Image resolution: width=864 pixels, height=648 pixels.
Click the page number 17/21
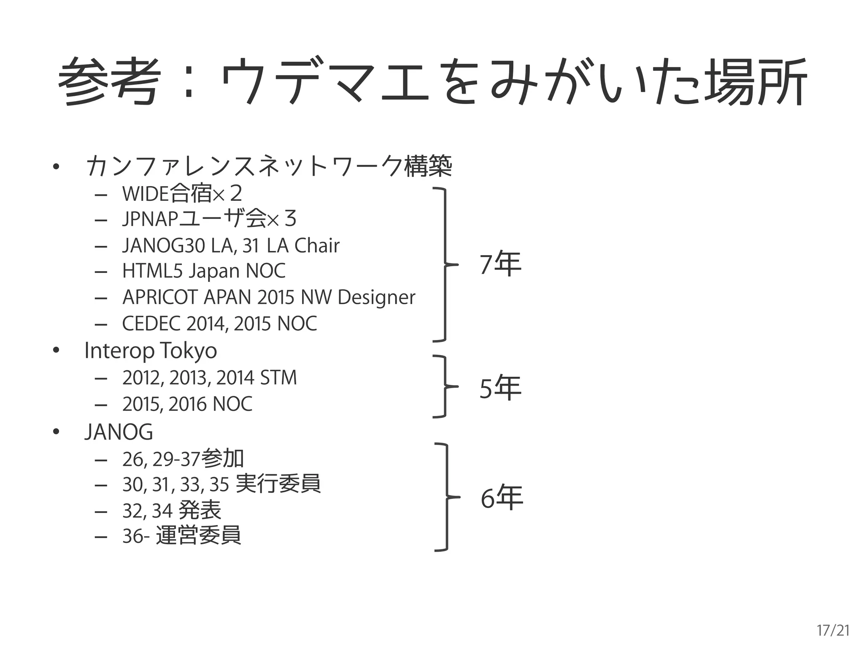[833, 630]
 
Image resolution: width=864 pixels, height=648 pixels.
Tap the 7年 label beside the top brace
[500, 264]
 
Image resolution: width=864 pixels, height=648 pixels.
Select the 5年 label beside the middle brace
[500, 387]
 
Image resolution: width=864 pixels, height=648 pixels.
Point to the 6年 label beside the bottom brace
[502, 497]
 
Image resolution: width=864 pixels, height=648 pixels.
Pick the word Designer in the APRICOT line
[376, 297]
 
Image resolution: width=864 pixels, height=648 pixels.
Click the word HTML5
[152, 271]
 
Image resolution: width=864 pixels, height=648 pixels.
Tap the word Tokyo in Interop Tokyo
[188, 351]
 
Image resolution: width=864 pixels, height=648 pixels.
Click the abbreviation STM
[278, 378]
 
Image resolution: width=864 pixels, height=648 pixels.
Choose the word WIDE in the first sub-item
[145, 194]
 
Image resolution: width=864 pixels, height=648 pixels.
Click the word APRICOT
[160, 297]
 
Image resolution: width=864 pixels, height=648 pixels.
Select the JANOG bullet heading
[119, 432]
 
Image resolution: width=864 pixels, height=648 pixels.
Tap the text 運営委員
[198, 536]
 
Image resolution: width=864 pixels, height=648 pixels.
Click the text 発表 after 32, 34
[200, 510]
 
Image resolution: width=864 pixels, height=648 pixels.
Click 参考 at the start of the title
[110, 81]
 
